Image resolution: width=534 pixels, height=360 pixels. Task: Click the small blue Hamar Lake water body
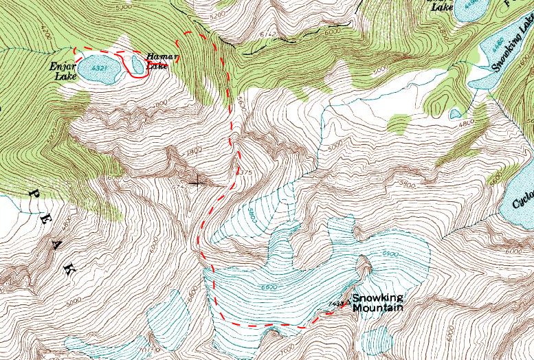[137, 65]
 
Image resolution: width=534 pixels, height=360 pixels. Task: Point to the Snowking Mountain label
[377, 302]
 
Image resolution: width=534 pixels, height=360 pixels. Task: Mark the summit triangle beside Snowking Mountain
[346, 300]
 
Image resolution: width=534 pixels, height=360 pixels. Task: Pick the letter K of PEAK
[69, 270]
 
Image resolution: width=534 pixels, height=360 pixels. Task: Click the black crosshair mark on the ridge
[199, 182]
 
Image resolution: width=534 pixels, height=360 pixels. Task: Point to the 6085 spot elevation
[115, 177]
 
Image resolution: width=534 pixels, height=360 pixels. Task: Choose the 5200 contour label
[218, 14]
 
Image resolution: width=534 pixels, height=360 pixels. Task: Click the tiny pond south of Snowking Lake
[454, 113]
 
